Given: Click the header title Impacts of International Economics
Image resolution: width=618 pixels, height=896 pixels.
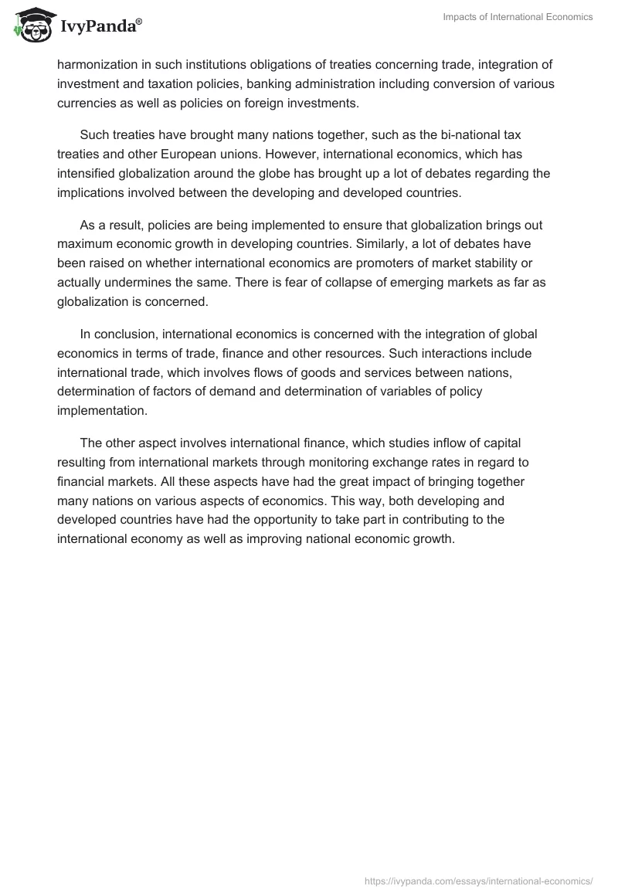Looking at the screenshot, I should click(518, 18).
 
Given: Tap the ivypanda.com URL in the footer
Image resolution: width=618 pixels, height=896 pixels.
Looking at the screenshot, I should click(478, 881).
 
